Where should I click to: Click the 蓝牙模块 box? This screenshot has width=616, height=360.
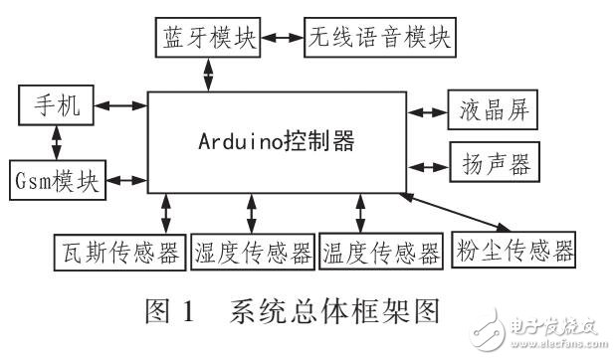pyautogui.click(x=208, y=39)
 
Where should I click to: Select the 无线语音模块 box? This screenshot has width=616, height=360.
pyautogui.click(x=379, y=39)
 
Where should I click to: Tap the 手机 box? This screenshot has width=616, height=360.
pyautogui.click(x=58, y=105)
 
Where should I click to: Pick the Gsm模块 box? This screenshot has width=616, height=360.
pyautogui.click(x=58, y=180)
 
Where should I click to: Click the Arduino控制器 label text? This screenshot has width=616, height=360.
pyautogui.click(x=276, y=139)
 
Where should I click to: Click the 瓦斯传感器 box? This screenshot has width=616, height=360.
pyautogui.click(x=120, y=250)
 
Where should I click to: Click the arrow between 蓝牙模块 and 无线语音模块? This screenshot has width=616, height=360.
pyautogui.click(x=282, y=39)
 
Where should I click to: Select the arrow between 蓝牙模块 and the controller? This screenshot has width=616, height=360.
pyautogui.click(x=208, y=72)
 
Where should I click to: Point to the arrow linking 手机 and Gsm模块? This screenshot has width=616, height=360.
pyautogui.click(x=57, y=142)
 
